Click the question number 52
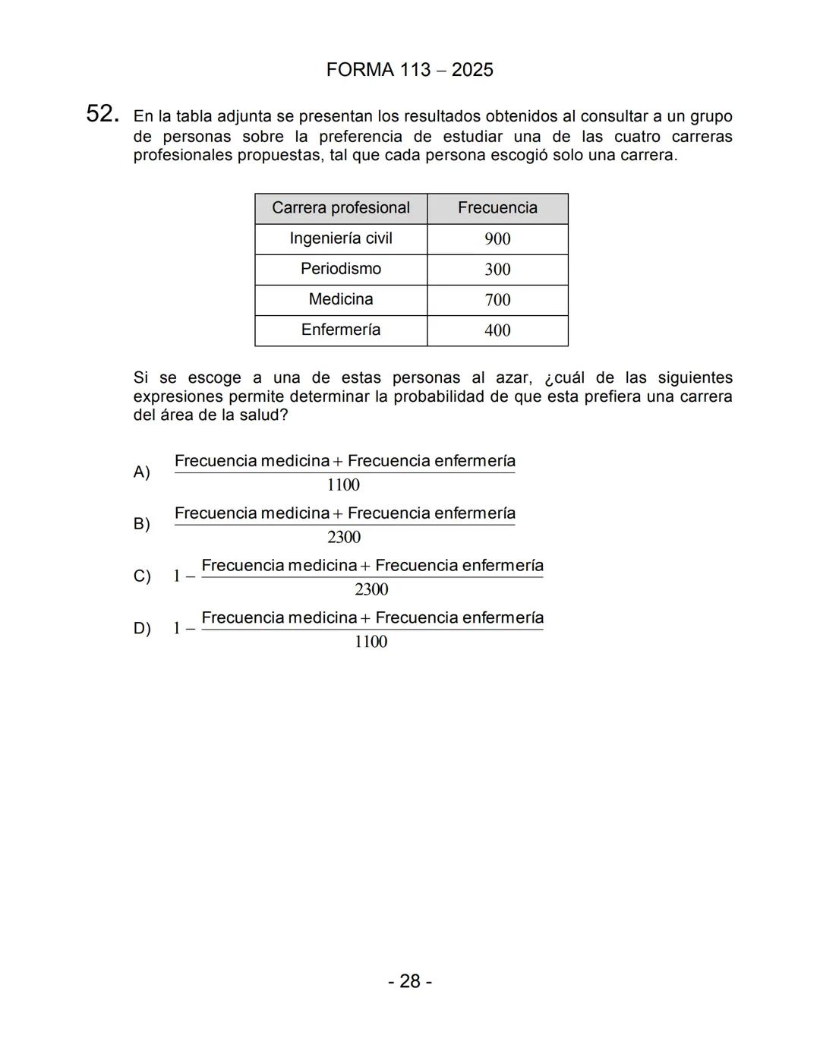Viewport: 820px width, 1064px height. [x=102, y=115]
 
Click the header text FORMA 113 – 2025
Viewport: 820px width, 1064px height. [x=409, y=70]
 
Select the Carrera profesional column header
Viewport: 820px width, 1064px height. [x=341, y=208]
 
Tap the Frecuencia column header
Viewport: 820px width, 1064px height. [x=497, y=208]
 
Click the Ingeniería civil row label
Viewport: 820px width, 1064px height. [x=341, y=238]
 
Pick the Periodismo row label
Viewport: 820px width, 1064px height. [x=341, y=269]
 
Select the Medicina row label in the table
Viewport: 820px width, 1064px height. [x=341, y=299]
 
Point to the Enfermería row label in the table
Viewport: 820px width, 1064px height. [x=341, y=330]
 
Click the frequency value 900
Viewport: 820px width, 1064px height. [x=497, y=239]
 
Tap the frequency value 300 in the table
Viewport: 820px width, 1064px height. [x=497, y=270]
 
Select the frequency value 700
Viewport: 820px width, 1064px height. [x=497, y=300]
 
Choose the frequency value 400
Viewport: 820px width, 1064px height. [x=497, y=330]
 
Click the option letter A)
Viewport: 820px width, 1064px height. [x=142, y=472]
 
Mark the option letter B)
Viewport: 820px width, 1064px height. [x=142, y=524]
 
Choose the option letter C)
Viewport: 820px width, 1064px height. [x=142, y=576]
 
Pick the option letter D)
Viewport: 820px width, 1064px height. [x=142, y=629]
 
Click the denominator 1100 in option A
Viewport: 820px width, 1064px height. [x=343, y=485]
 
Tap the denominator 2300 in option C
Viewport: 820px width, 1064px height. [x=371, y=589]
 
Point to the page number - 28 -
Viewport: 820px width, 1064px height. [x=410, y=981]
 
